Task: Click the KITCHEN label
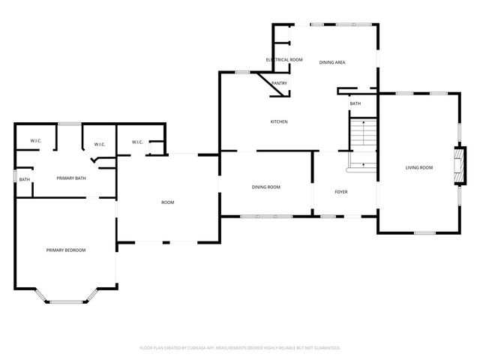point(279,122)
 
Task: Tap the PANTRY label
point(279,83)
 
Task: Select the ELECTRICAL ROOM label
point(284,59)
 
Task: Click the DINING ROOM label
point(266,187)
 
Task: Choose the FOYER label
point(340,192)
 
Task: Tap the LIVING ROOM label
point(419,168)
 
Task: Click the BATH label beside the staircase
point(355,103)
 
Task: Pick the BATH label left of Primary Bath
point(25,179)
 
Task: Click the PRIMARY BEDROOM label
point(66,250)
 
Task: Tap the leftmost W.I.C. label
point(35,141)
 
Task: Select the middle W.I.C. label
point(100,145)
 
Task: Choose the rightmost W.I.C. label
point(137,142)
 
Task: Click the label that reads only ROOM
point(168,202)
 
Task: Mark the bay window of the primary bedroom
point(67,301)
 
